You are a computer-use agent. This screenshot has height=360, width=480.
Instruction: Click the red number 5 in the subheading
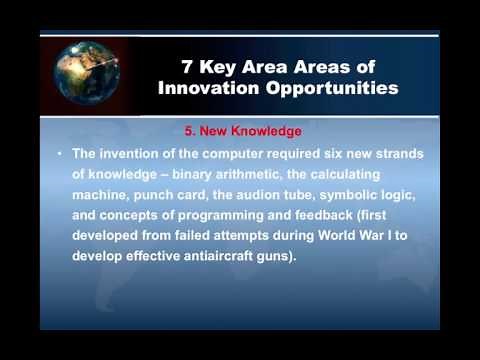tap(190, 131)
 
